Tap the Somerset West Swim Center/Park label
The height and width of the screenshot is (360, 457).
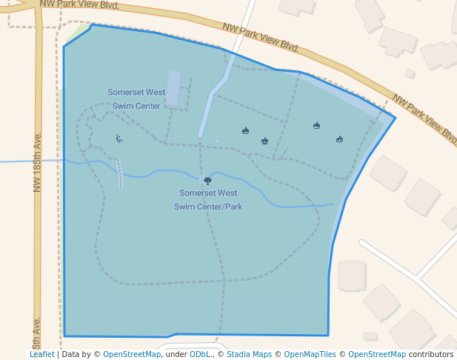coord(208,200)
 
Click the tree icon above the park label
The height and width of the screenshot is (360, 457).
coord(207,181)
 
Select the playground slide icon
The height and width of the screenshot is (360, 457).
coord(119,139)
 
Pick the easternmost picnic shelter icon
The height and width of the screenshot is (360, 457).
coord(339,139)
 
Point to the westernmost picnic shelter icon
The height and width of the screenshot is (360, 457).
coord(245,131)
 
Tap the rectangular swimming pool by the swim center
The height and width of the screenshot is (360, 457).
coord(173,89)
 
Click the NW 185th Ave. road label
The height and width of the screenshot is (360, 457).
coord(37,163)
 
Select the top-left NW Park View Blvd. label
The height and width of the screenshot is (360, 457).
coord(79,4)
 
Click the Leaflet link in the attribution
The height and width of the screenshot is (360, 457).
coord(41,355)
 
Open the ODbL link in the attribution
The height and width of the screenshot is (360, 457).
coord(200,355)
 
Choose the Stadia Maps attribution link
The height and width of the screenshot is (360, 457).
coord(249,355)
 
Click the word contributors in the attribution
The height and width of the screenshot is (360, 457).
coord(430,355)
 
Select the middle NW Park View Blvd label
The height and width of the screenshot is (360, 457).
coord(260,37)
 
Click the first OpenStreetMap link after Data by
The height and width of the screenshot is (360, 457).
coord(132,355)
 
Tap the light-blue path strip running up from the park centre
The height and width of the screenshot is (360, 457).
coord(212,104)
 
